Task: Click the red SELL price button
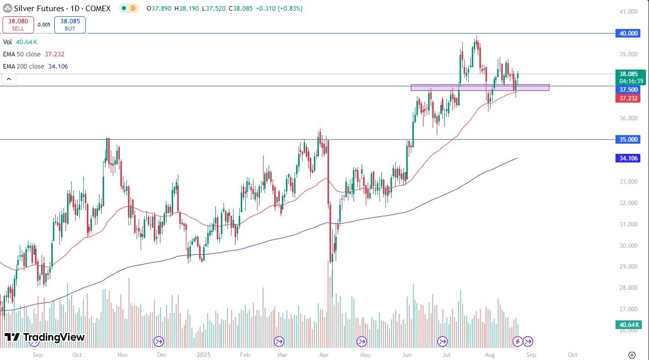coord(18,25)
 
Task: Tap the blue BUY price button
coord(70,25)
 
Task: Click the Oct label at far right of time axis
coord(572,355)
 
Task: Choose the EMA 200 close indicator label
coord(36,67)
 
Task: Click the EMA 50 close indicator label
coord(34,54)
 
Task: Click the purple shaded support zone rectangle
coord(479,87)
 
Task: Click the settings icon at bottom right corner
coord(632,355)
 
